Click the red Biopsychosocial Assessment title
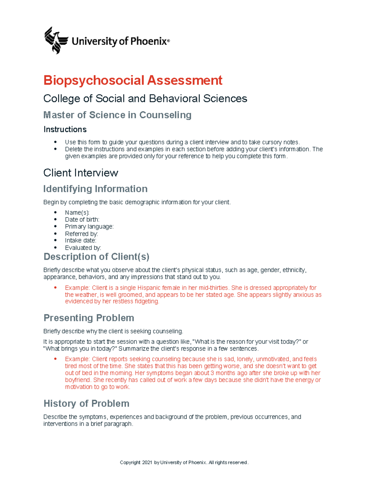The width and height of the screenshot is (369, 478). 133,80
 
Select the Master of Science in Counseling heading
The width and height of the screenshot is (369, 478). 117,115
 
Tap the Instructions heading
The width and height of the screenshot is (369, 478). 65,129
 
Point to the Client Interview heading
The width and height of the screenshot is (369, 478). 81,173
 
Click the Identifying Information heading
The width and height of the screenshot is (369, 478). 95,189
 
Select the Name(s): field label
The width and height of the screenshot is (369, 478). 77,212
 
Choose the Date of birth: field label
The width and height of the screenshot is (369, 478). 82,219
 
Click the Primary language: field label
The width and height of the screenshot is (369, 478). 89,227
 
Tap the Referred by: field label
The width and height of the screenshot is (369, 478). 81,234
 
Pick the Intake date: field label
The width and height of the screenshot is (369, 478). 81,240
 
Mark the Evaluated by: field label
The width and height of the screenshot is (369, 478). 83,248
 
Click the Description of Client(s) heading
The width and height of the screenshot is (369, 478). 96,256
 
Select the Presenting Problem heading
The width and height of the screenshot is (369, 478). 89,318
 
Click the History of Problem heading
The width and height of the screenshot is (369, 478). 86,403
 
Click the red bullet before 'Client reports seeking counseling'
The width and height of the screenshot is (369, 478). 55,359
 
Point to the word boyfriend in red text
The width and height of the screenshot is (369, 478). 77,380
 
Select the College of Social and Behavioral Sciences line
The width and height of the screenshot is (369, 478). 145,98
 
